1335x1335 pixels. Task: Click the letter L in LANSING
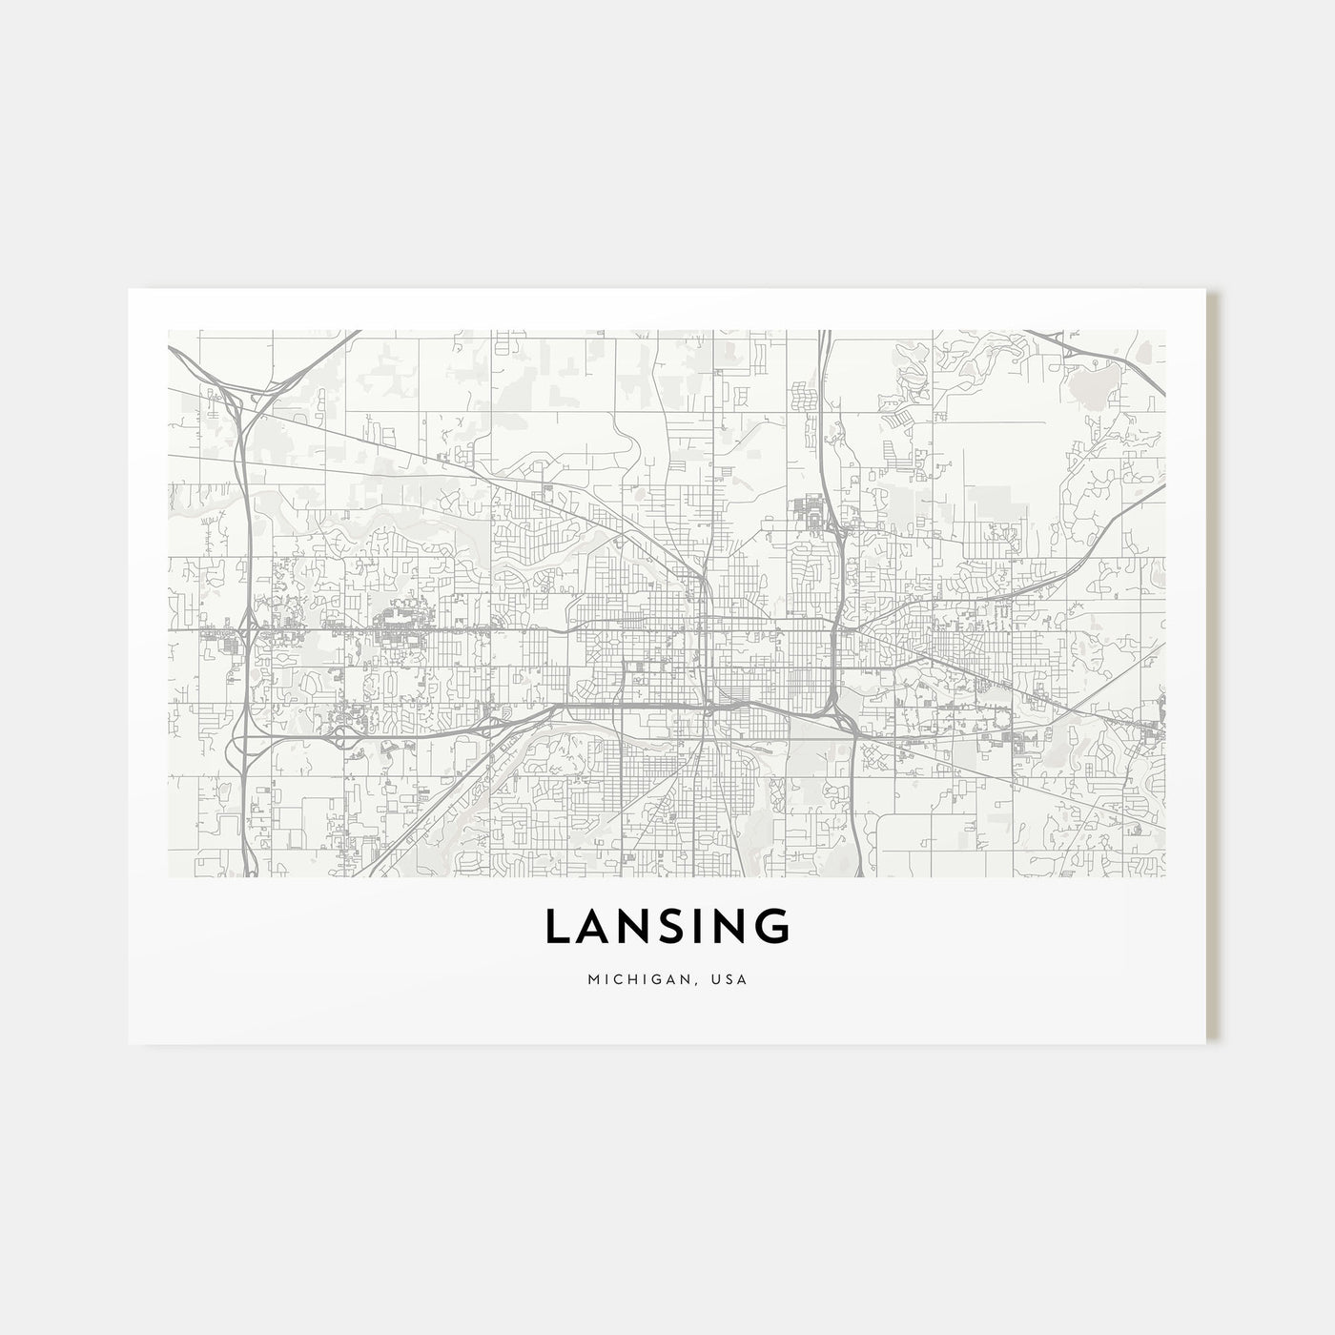[557, 927]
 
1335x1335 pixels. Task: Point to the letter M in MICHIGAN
[594, 979]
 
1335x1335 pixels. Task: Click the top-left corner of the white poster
[129, 289]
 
